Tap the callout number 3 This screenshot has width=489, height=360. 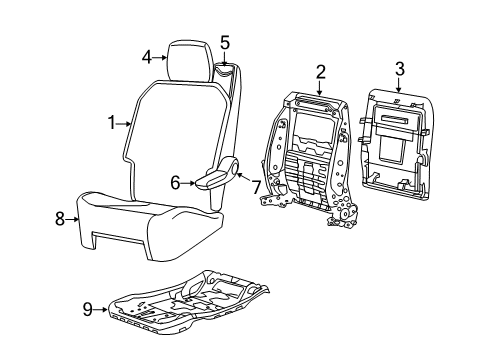tap(398, 68)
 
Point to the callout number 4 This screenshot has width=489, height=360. tap(148, 57)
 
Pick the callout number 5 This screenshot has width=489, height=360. tap(225, 42)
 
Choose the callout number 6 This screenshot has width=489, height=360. tap(174, 182)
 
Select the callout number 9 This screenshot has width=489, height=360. tap(89, 309)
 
